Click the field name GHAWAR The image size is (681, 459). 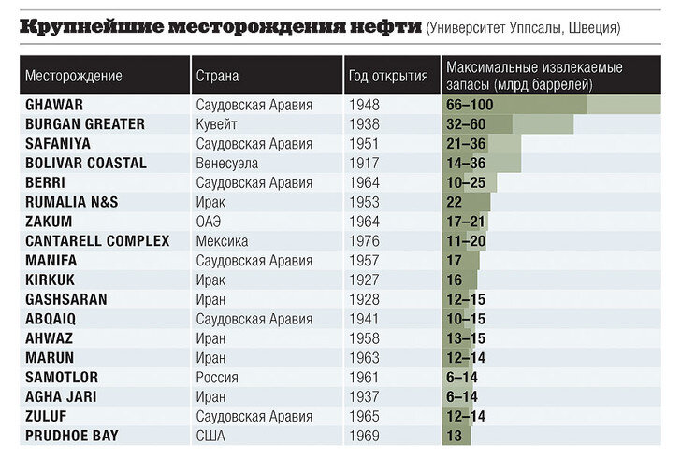click(54, 105)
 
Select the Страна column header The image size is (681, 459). click(217, 76)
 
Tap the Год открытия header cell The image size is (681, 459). click(388, 76)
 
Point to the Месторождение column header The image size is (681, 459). click(73, 76)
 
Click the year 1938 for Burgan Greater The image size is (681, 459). click(364, 124)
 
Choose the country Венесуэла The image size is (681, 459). click(226, 163)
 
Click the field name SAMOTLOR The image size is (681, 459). click(62, 378)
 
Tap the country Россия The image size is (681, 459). click(217, 378)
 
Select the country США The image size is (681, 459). click(210, 436)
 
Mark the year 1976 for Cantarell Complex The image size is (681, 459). click(364, 241)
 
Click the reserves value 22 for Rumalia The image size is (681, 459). click(455, 202)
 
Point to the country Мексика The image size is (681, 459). click(222, 241)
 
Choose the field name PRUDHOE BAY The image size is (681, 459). click(72, 436)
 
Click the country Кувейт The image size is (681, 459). click(216, 124)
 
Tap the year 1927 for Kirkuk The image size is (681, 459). click(364, 280)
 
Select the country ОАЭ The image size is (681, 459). click(209, 222)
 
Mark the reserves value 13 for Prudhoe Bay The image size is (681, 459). click(455, 436)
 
